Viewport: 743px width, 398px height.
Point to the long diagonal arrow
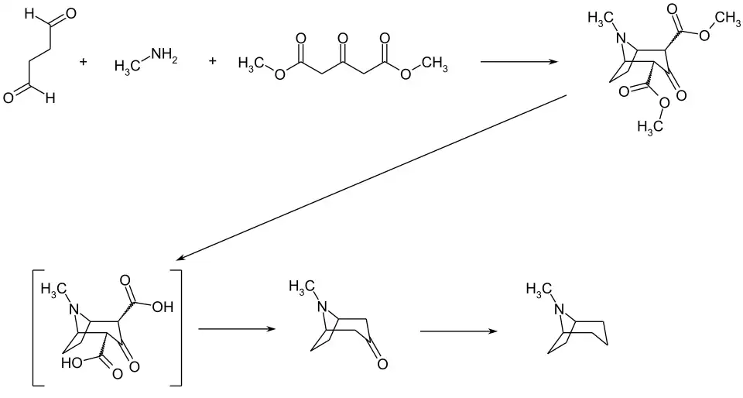(371, 177)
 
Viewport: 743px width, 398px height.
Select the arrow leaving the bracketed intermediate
(237, 329)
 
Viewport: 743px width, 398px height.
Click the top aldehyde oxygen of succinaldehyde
(72, 14)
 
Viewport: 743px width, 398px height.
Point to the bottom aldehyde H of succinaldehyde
(50, 98)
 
